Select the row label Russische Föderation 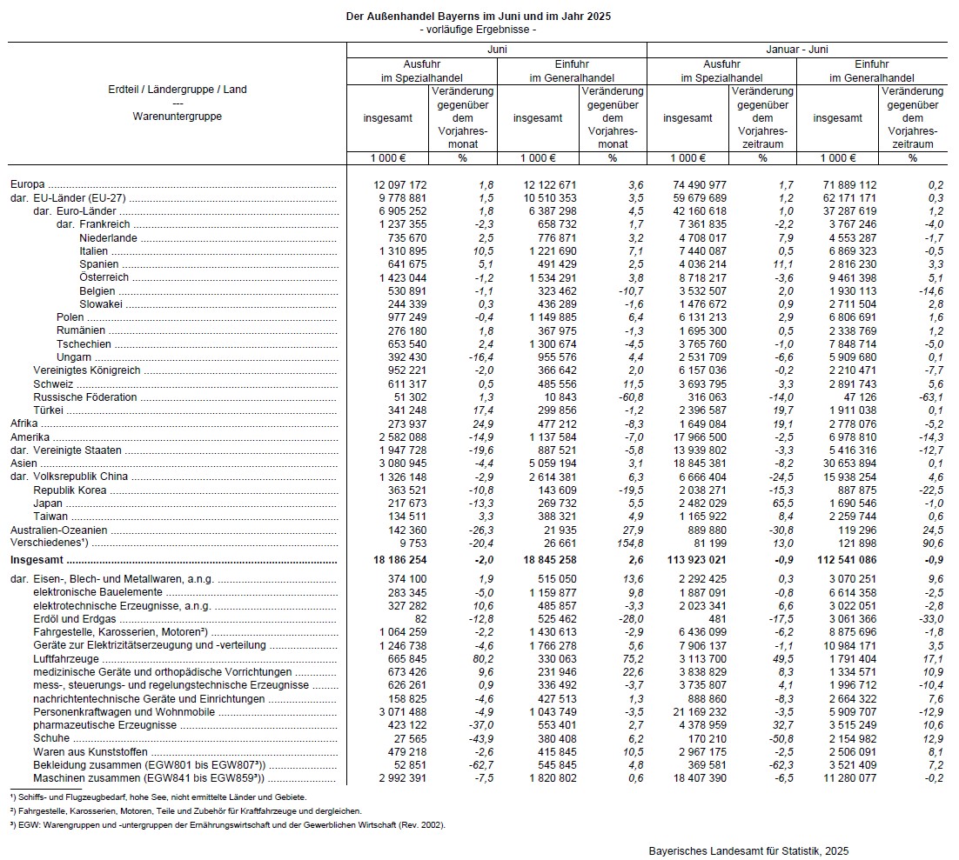85,397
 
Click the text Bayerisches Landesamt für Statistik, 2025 748,850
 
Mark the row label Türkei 49,410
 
